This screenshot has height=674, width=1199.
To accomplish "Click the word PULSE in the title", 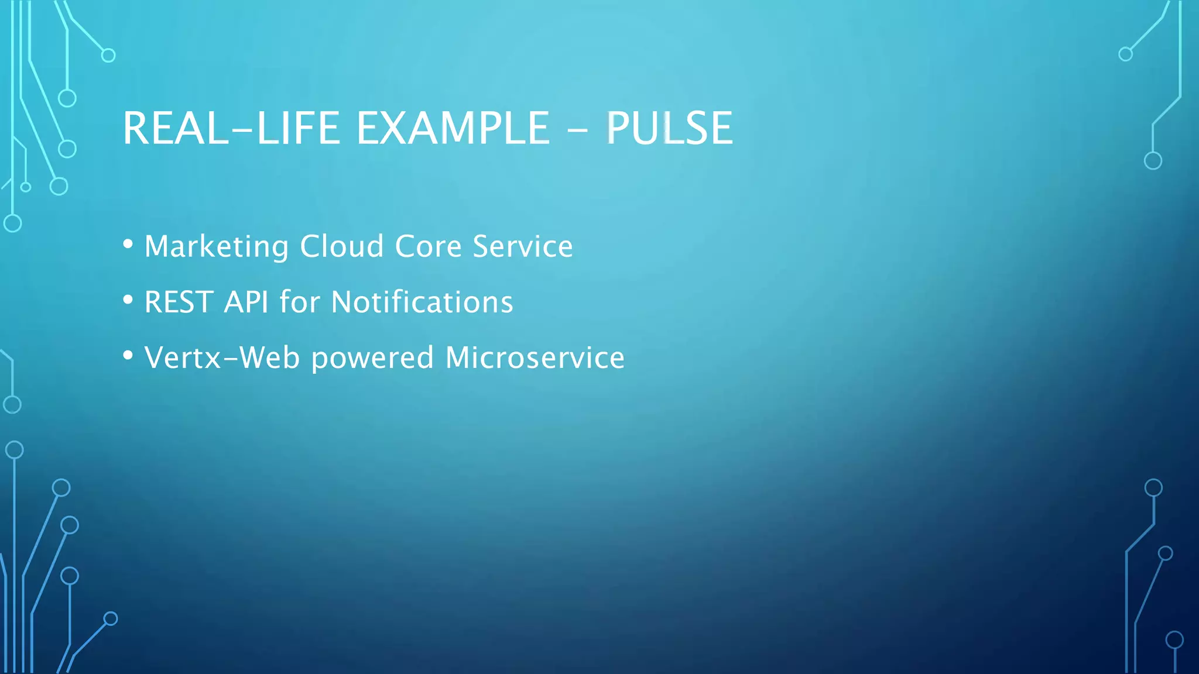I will [x=669, y=128].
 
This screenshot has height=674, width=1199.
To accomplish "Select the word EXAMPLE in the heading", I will [x=453, y=128].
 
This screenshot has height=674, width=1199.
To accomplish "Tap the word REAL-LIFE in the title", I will [x=231, y=128].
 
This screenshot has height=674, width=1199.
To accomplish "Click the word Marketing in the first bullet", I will [x=216, y=246].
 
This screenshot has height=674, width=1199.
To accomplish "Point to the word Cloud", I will [x=342, y=246].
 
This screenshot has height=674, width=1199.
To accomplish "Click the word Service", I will [x=523, y=246].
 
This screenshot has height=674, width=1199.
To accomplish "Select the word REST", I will [x=179, y=302].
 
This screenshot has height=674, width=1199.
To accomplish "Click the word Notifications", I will [x=422, y=302].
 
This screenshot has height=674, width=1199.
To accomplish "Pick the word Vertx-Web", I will [x=222, y=357].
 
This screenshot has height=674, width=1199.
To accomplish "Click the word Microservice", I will [x=535, y=357].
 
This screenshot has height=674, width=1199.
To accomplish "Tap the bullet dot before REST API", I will [x=128, y=300].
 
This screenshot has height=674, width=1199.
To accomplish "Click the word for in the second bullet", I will [x=300, y=302].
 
